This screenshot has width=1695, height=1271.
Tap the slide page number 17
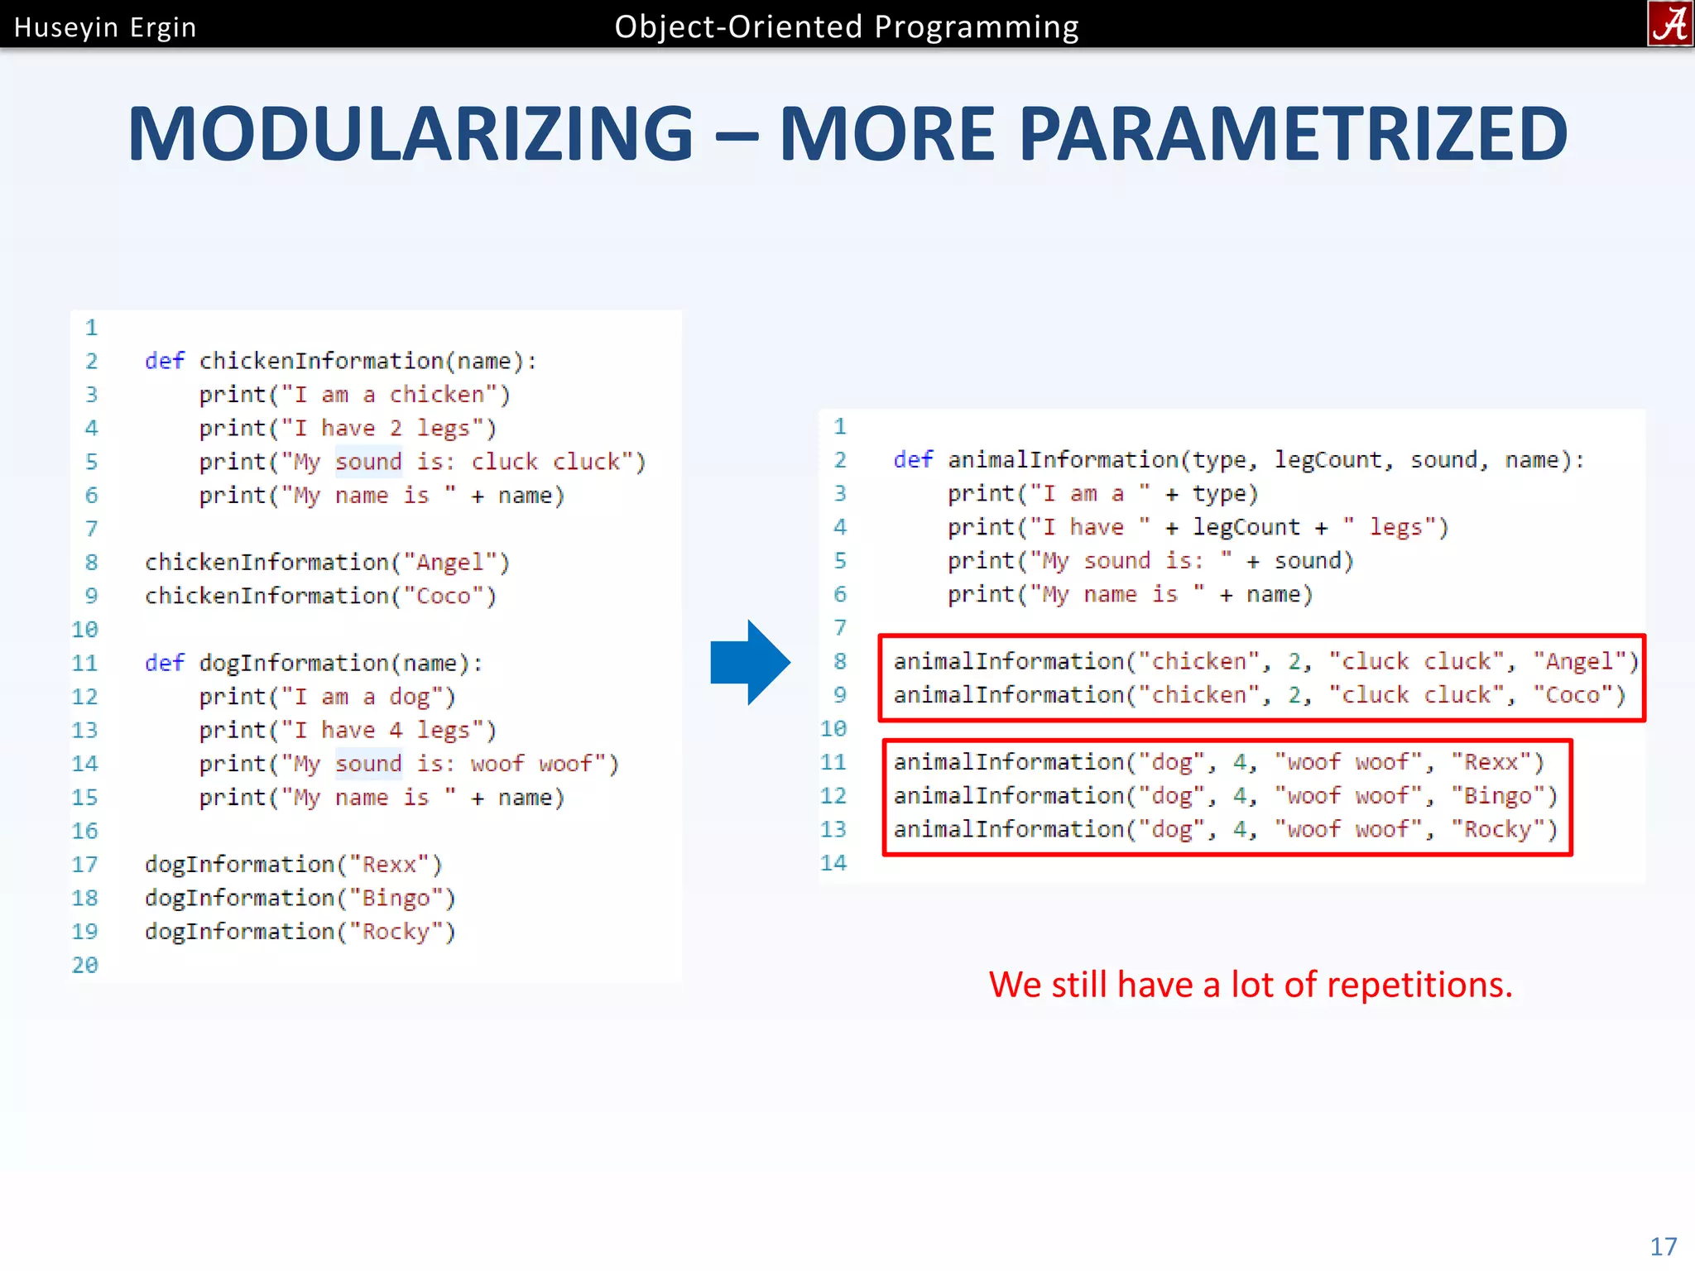coord(1663,1246)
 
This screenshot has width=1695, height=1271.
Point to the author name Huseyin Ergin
coord(105,27)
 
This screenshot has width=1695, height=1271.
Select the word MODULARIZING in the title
coord(411,134)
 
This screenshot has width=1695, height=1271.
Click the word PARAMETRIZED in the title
coord(1293,134)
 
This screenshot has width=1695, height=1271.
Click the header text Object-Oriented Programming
coord(846,26)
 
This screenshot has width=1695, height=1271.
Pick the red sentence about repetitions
coord(1250,985)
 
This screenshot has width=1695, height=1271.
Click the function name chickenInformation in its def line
coord(321,361)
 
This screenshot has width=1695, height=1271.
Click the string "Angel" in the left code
coord(449,563)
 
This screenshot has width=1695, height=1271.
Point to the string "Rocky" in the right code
coord(1498,829)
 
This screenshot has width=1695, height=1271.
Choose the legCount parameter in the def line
coord(1328,460)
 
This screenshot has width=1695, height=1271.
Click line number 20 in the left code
coord(84,965)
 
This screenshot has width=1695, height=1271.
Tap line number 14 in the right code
coord(833,863)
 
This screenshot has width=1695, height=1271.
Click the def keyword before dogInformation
coord(164,663)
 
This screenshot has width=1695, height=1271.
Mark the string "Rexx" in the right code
coord(1491,762)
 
